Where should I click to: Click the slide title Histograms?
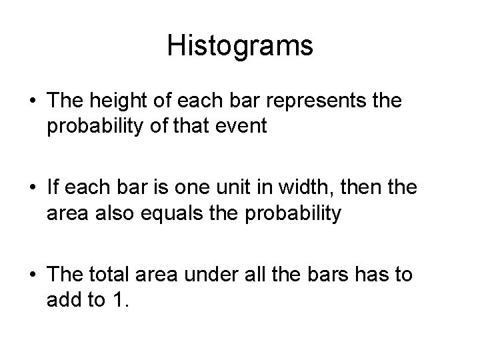tap(240, 46)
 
